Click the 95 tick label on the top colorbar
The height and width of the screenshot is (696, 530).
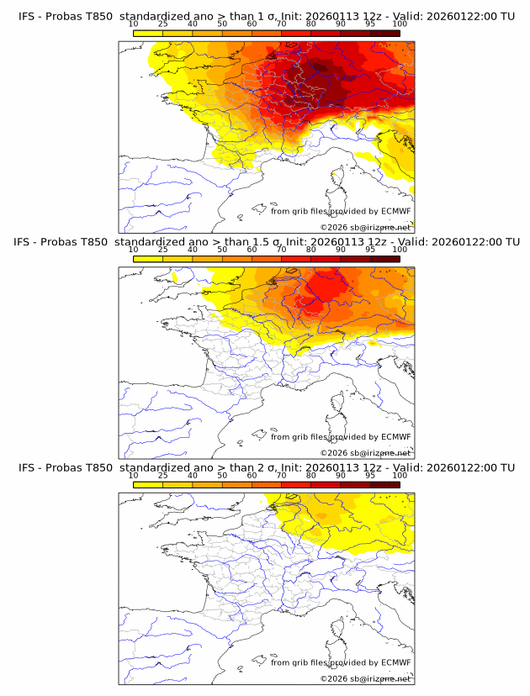click(370, 24)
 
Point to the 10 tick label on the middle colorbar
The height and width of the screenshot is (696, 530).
click(134, 250)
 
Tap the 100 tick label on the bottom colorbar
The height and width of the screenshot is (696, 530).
click(400, 475)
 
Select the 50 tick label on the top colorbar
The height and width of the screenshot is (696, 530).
click(222, 24)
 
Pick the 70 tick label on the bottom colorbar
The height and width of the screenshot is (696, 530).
click(282, 475)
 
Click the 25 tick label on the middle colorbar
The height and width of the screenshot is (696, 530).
click(163, 250)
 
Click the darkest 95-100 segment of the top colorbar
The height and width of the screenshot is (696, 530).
click(384, 33)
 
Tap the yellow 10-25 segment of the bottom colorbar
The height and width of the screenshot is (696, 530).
click(148, 484)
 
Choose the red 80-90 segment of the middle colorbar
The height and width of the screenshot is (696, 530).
click(326, 259)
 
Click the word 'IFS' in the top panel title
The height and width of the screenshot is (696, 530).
click(28, 17)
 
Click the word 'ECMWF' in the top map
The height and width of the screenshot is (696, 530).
click(395, 212)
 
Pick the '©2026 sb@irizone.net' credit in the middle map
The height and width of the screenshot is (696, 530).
click(365, 453)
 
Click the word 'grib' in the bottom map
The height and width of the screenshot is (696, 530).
click(305, 662)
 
